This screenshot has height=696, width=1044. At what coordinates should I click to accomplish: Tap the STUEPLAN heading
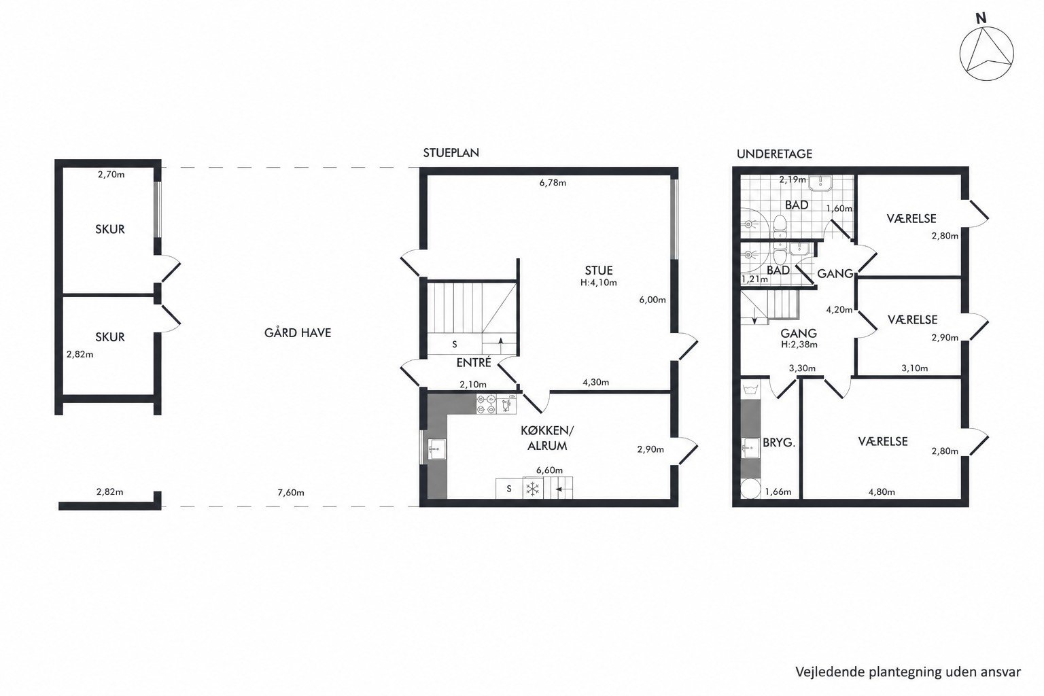click(451, 153)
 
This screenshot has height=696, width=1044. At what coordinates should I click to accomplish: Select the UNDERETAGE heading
click(774, 154)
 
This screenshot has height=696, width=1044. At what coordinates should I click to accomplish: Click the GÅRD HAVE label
click(298, 333)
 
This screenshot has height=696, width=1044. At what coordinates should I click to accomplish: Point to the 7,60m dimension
click(291, 492)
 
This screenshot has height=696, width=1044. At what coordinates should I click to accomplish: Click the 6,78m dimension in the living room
click(553, 183)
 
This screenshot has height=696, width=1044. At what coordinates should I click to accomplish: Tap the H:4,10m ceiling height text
click(598, 283)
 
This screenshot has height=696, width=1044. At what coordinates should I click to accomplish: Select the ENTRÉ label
click(474, 362)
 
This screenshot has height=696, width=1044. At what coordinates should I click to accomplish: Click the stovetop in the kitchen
click(486, 404)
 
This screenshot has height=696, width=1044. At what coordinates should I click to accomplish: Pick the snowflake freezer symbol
click(533, 489)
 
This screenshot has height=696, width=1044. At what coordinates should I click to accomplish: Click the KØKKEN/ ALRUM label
click(547, 438)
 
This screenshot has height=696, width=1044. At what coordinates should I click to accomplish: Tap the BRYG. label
click(779, 443)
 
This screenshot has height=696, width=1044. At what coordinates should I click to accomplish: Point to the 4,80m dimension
click(882, 491)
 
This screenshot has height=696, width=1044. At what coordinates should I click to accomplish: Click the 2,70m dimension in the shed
click(111, 175)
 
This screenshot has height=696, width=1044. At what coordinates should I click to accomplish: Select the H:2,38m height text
click(799, 345)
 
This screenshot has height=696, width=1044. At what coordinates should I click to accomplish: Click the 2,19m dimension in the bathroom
click(793, 179)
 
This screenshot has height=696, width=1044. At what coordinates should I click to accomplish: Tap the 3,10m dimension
click(914, 368)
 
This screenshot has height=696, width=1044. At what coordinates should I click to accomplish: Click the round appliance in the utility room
click(750, 489)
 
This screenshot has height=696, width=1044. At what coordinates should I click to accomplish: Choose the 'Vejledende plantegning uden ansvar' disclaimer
click(908, 672)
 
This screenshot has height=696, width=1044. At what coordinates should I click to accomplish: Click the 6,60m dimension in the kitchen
click(549, 470)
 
